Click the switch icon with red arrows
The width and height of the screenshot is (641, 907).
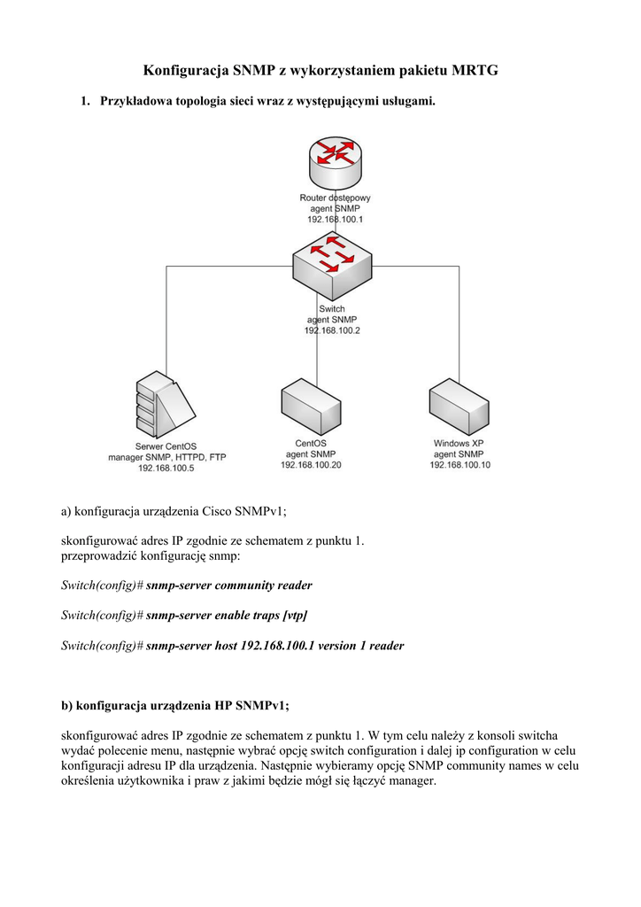point(334,267)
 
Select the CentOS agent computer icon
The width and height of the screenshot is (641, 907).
point(311,407)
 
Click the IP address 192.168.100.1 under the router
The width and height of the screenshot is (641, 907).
point(336,218)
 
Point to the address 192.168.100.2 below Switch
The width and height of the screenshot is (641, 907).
point(332,329)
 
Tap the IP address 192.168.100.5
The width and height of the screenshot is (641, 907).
point(166,468)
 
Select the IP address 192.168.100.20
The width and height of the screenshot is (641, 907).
point(311,464)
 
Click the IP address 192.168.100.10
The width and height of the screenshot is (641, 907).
point(460,464)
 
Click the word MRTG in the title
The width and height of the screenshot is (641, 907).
point(475,70)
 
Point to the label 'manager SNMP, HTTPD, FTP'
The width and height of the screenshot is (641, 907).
point(167,457)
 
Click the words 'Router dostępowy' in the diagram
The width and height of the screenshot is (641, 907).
point(336,197)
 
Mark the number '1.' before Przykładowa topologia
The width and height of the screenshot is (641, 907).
point(86,102)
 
